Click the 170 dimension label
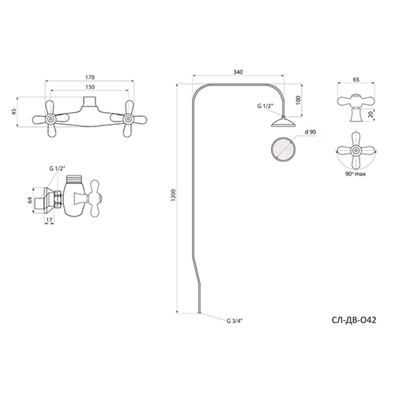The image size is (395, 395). tap(90, 77)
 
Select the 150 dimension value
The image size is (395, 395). tap(90, 87)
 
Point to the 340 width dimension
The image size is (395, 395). tap(239, 72)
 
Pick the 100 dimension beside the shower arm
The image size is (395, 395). tap(299, 100)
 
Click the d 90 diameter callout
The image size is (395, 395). tap(310, 132)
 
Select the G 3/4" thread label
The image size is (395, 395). tap(234, 321)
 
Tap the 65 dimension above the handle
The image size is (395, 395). tap(356, 80)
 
